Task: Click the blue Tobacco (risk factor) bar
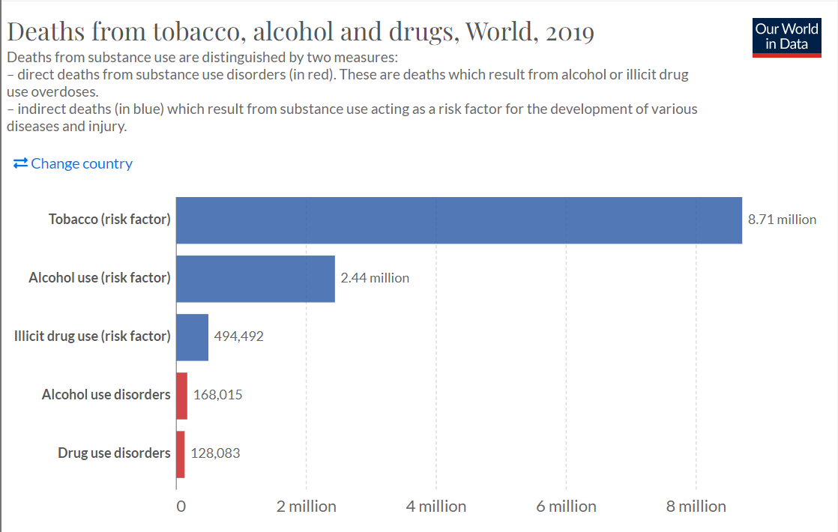pos(459,220)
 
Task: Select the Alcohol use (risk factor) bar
pos(256,278)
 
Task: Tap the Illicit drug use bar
pos(192,336)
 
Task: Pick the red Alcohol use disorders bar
pos(181,395)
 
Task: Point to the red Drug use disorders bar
pos(180,453)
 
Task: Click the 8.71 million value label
pos(782,220)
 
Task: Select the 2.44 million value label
pos(375,278)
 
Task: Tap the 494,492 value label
pos(239,336)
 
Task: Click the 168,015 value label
pos(217,395)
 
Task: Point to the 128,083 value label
pos(216,453)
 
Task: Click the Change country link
pos(73,163)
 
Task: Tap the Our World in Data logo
pos(786,36)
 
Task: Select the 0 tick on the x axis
pos(181,507)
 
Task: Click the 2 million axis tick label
pos(306,507)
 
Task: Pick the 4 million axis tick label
pos(436,507)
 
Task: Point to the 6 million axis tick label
pos(566,507)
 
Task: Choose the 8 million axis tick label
pos(696,507)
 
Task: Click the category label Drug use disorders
pos(114,453)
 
